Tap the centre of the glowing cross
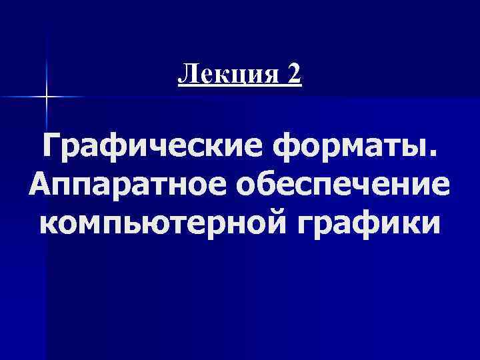46,97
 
